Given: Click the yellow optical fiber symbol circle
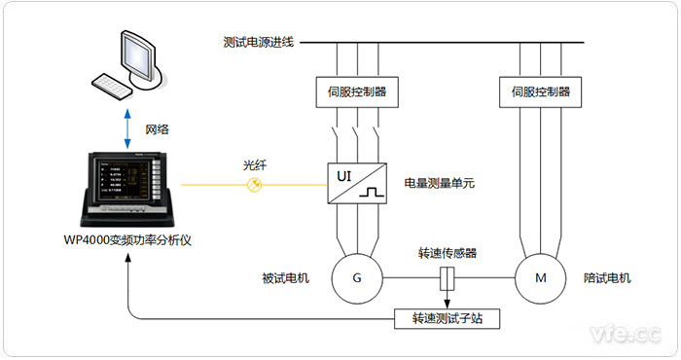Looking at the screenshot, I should tap(255, 184).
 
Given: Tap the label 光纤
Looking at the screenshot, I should tap(255, 165).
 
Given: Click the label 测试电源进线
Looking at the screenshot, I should tap(259, 42).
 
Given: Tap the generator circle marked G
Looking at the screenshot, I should tap(357, 279).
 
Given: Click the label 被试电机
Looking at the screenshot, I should tap(285, 278).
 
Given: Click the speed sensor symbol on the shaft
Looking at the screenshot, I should tap(448, 279).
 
